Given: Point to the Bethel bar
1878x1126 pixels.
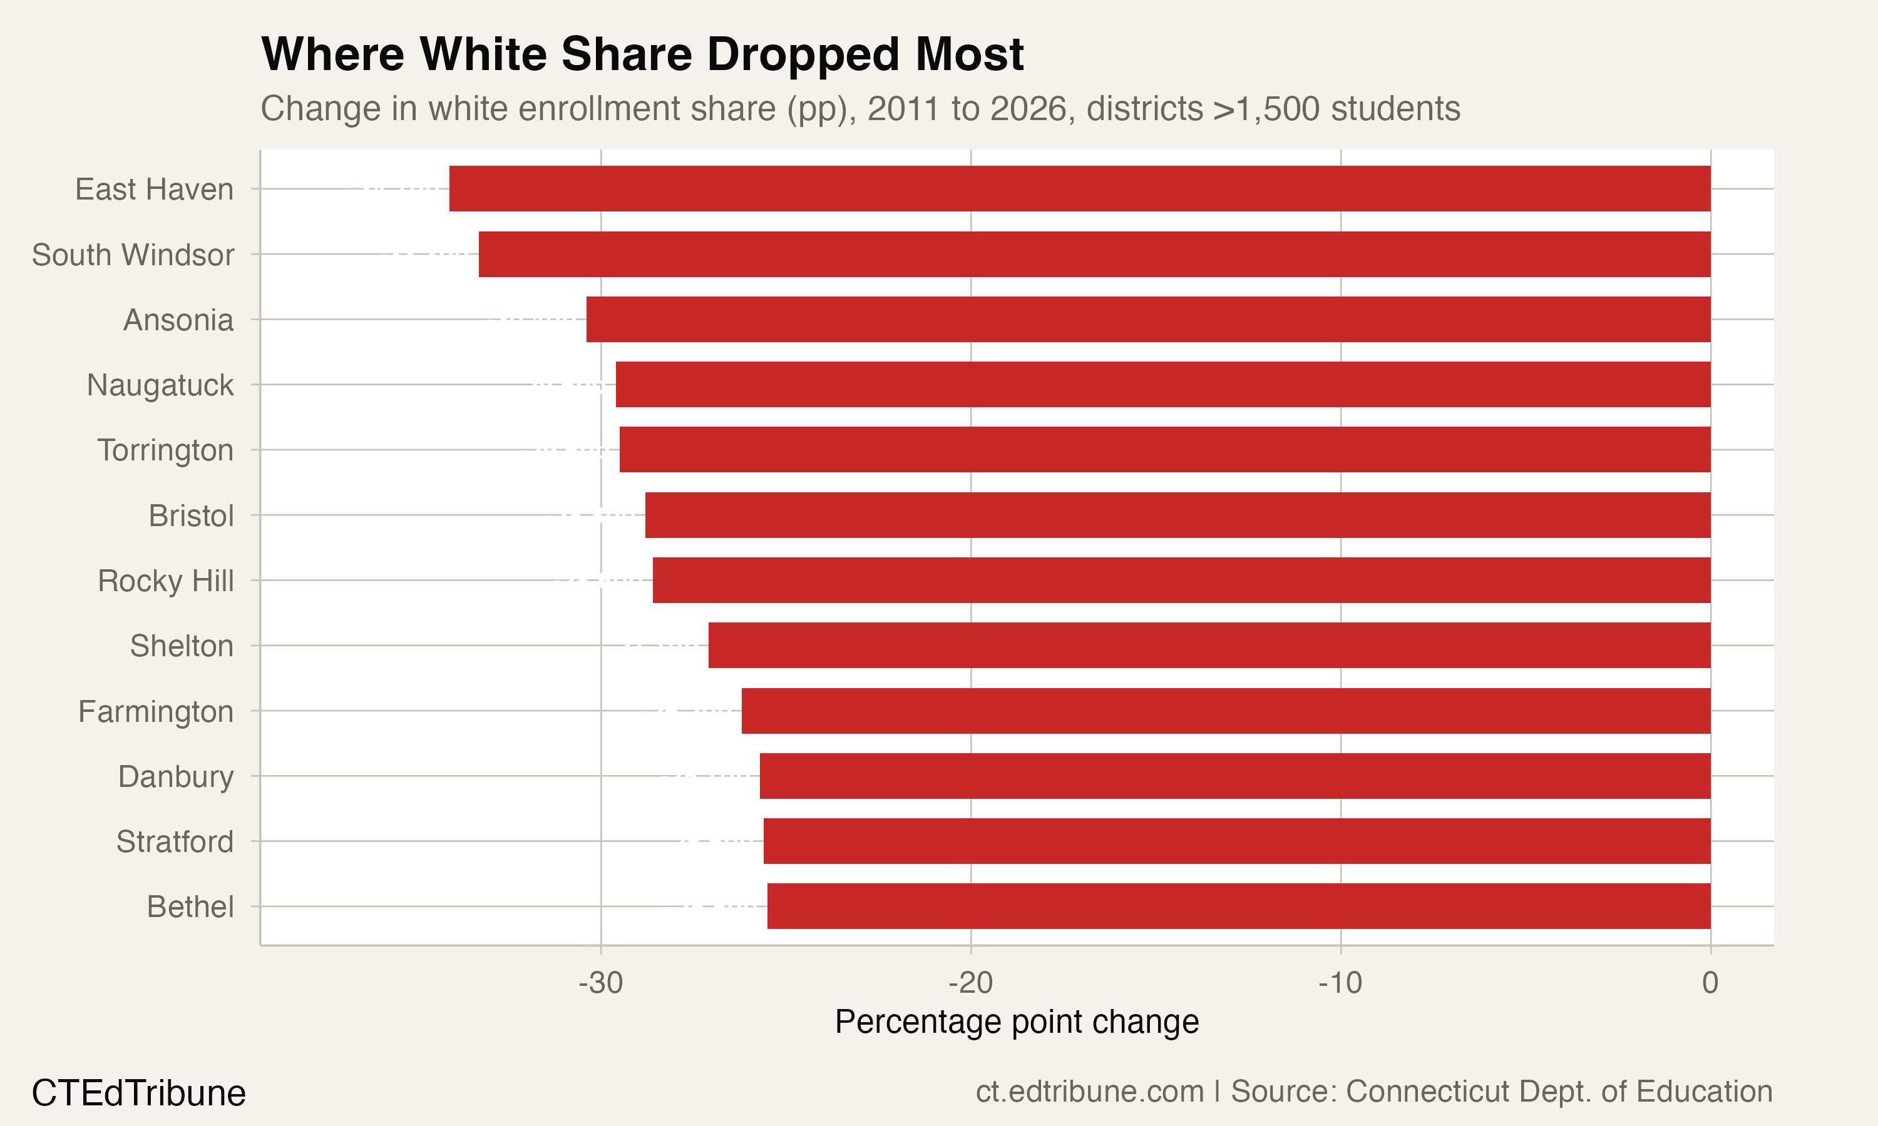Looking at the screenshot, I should click(1238, 906).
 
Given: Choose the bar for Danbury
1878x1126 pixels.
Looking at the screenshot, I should click(1234, 776).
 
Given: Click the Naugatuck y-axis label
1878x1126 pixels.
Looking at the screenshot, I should click(160, 385).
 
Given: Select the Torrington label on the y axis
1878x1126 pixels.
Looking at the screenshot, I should click(165, 450).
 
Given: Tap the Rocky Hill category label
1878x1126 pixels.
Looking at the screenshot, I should click(165, 581).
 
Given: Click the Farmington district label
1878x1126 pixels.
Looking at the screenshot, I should click(156, 712).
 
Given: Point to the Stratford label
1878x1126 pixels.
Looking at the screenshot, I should click(175, 842).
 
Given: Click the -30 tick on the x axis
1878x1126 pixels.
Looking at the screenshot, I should click(600, 983).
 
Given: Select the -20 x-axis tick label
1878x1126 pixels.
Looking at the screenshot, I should click(970, 983).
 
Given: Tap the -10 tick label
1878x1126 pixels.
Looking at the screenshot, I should click(1340, 983).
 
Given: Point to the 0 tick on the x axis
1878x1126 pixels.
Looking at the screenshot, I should click(1710, 983).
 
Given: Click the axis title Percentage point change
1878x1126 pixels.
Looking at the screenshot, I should click(1017, 1022).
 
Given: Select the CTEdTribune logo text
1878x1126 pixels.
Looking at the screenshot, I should click(139, 1093).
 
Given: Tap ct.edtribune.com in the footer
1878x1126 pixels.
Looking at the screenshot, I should click(1089, 1092).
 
